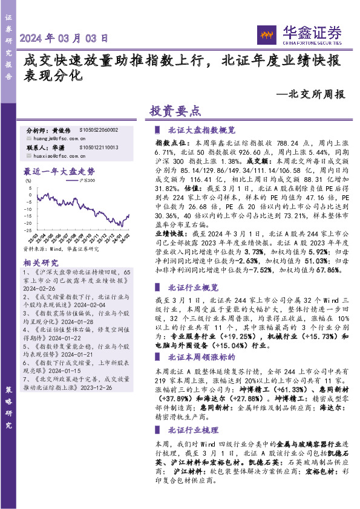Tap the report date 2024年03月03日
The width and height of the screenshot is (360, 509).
[64, 38]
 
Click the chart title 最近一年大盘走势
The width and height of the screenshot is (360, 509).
[59, 171]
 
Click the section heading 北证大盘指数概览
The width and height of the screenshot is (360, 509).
[201, 130]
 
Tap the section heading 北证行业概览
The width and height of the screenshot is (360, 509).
[193, 287]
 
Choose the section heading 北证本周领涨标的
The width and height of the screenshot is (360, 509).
[201, 357]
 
